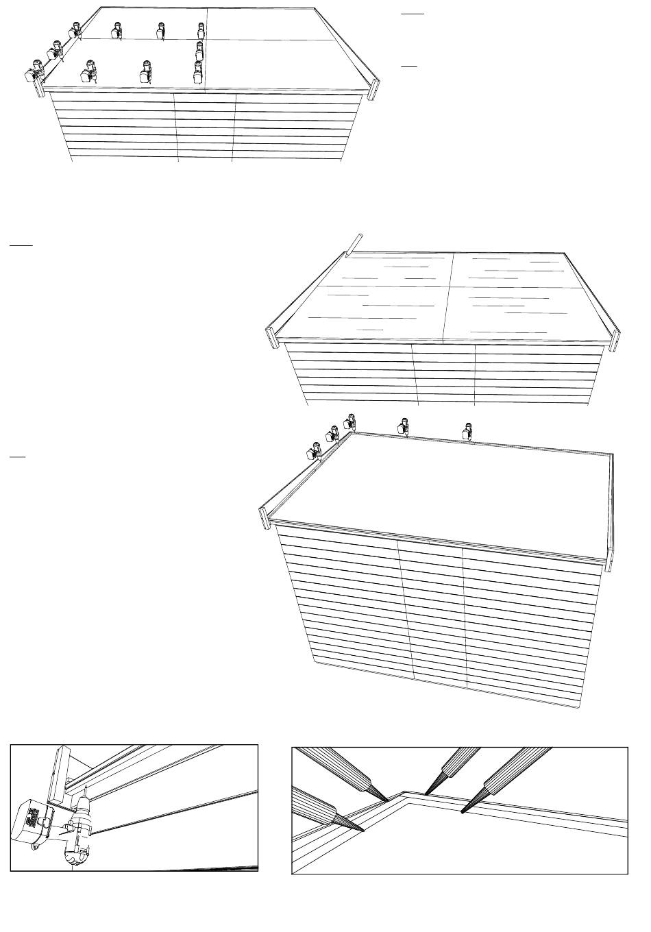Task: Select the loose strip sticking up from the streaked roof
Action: (353, 245)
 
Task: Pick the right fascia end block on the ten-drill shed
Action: (374, 89)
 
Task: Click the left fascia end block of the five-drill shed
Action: (264, 517)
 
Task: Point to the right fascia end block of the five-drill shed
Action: (611, 559)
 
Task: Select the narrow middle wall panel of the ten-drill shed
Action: (206, 127)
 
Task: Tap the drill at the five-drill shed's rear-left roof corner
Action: (350, 422)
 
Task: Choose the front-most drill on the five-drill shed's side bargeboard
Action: (316, 451)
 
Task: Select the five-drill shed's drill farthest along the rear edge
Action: (468, 430)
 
